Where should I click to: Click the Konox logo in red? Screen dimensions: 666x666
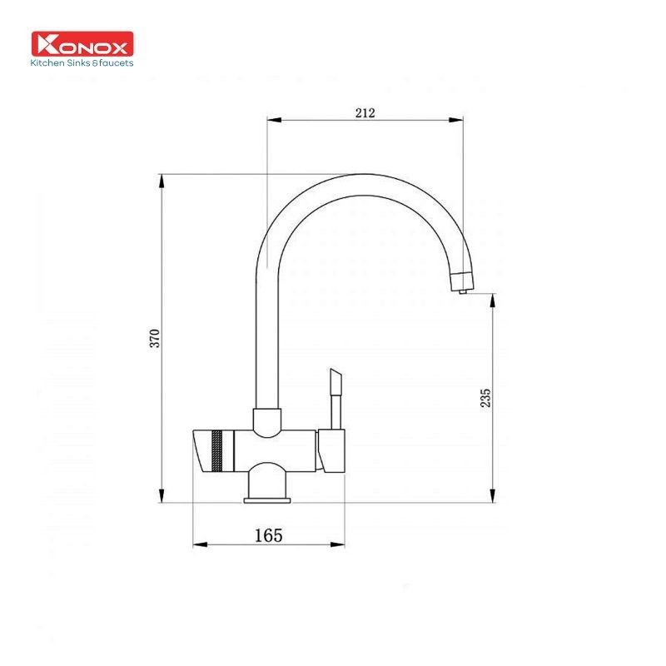tap(82, 44)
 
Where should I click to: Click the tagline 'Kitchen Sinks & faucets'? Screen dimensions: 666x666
tap(82, 62)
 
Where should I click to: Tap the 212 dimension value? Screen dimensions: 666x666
tap(365, 112)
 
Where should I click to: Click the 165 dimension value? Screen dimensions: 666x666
tap(268, 535)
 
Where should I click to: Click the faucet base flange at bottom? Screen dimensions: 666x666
tap(267, 499)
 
